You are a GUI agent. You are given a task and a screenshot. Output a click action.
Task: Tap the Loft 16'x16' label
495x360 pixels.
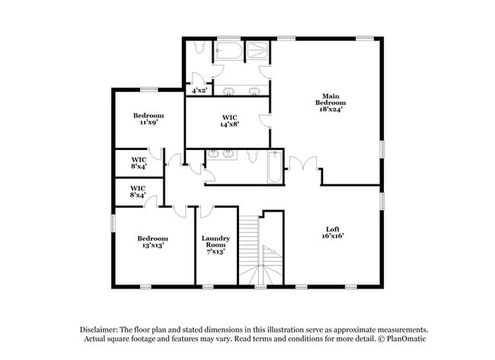click(332, 232)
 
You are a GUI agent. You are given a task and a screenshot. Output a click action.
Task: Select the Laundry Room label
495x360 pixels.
click(215, 244)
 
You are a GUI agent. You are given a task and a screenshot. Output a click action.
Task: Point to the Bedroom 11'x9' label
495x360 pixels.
click(148, 119)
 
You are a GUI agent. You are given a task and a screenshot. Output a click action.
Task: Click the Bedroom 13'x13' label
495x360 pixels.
click(150, 241)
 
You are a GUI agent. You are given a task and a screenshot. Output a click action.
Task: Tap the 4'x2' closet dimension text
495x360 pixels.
click(200, 91)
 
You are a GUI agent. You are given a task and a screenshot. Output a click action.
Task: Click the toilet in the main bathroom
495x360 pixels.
click(200, 49)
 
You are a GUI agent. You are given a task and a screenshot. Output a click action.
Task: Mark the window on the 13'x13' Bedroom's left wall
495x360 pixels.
click(113, 222)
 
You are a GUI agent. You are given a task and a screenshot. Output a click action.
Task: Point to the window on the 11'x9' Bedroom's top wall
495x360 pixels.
click(148, 89)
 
